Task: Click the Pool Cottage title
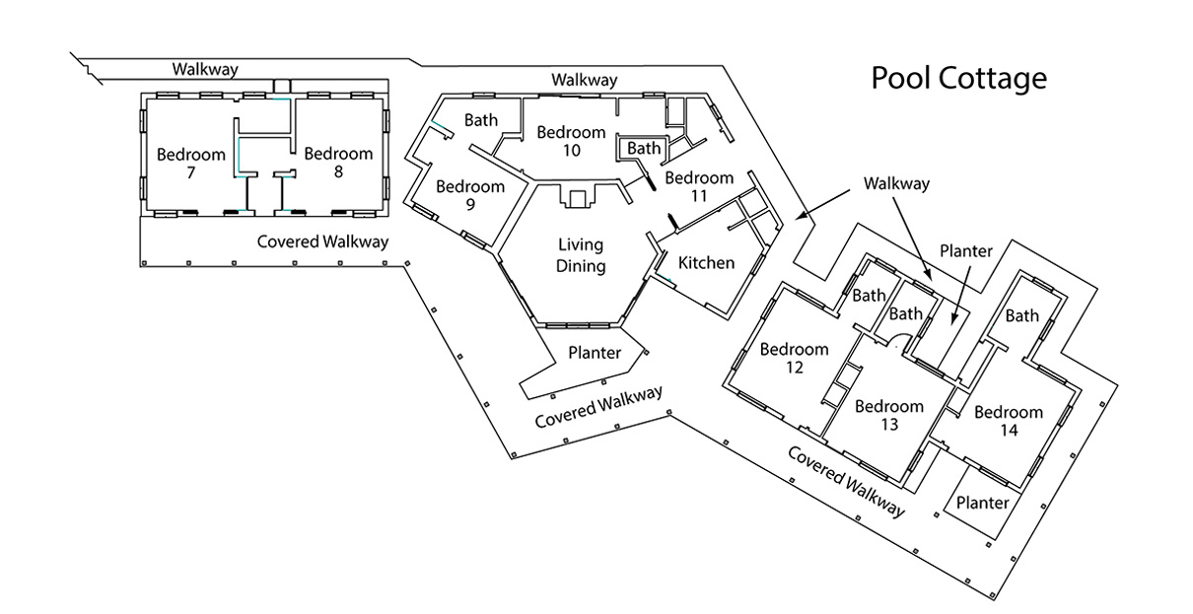tap(957, 78)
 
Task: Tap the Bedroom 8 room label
tap(338, 163)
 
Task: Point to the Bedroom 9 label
tap(470, 195)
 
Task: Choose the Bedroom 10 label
tap(571, 141)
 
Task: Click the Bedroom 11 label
tap(699, 187)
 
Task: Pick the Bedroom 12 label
tap(794, 358)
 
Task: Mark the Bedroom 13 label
tap(889, 415)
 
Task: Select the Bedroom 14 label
tap(1008, 421)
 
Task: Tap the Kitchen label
tap(707, 263)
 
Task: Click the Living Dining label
tap(580, 255)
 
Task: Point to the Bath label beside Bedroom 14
tap(1021, 315)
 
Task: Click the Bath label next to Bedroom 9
tap(481, 121)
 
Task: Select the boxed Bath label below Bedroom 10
tap(644, 148)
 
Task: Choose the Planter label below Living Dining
tap(595, 353)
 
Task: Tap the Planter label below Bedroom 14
tap(983, 503)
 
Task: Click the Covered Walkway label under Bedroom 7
tap(322, 241)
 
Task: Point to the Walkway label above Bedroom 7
tap(206, 69)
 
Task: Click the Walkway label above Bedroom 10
tap(584, 80)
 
